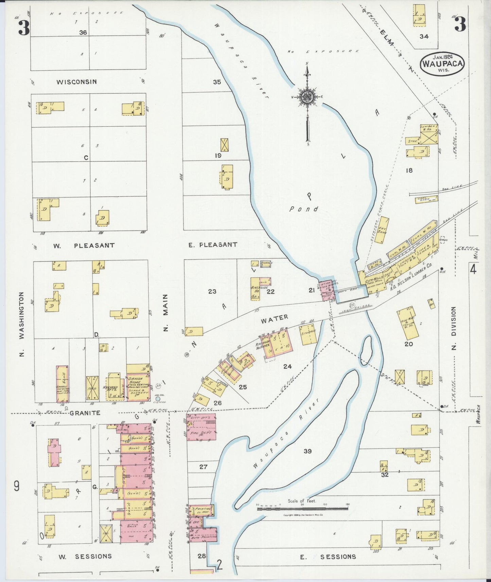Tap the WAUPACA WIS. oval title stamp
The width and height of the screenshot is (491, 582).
point(442,63)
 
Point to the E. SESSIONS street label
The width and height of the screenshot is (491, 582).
point(328,557)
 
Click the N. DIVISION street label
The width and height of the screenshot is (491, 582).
point(454,328)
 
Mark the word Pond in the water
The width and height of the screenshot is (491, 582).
point(304,209)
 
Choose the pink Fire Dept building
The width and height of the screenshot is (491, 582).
point(201,427)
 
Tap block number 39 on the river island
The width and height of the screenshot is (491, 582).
point(307,451)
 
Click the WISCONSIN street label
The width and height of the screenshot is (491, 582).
point(76,82)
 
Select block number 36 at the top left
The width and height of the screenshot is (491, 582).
point(83,33)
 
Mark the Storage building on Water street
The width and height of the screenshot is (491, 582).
point(308,335)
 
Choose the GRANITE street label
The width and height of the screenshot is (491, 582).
point(85,413)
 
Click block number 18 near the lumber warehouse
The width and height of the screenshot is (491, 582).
point(409,170)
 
